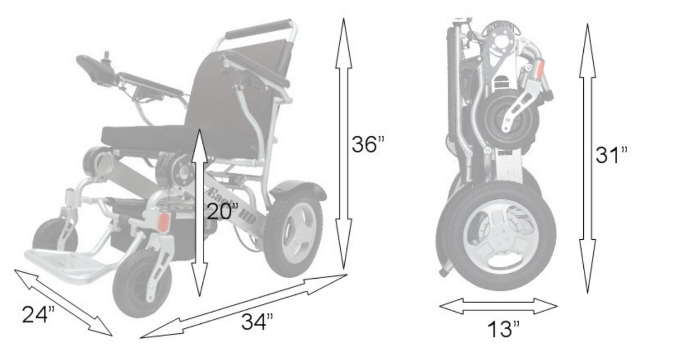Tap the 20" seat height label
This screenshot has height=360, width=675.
pyautogui.click(x=222, y=212)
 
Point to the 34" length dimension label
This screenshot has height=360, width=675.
pyautogui.click(x=256, y=322)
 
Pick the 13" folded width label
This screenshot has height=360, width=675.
pyautogui.click(x=503, y=329)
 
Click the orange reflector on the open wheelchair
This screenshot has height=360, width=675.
pyautogui.click(x=163, y=223)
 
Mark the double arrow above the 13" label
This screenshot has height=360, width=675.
pyautogui.click(x=498, y=305)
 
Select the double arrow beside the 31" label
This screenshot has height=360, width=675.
pyautogui.click(x=587, y=158)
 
